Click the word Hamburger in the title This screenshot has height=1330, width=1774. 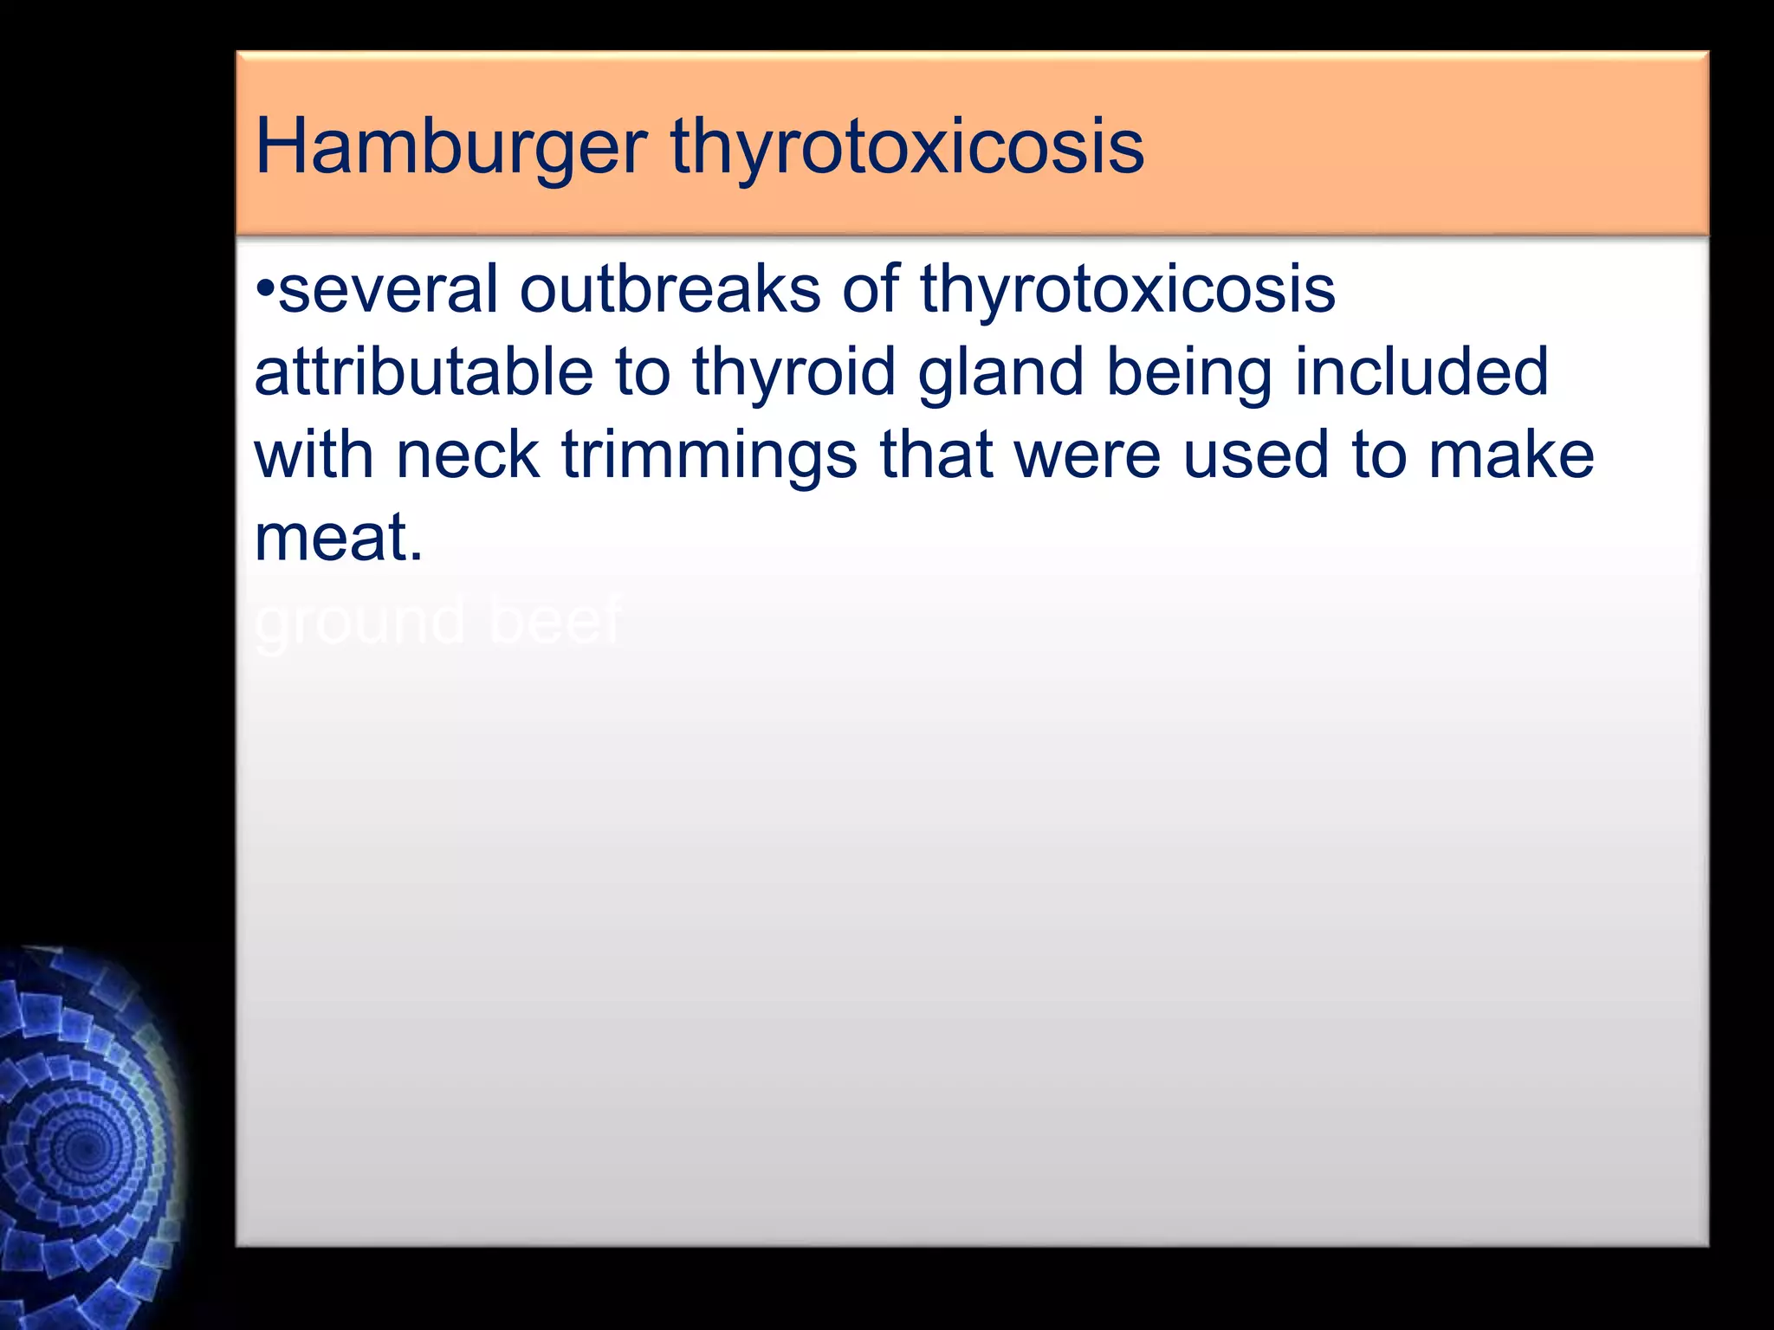(450, 147)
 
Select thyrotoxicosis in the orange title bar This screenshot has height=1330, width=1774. (907, 147)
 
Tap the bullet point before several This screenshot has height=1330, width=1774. (265, 289)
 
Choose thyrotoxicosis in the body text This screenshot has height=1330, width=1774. (1127, 289)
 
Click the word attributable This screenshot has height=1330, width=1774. (424, 372)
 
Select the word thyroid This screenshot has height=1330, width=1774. (793, 372)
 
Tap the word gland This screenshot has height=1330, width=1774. (1000, 372)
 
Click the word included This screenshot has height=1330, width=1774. (1421, 372)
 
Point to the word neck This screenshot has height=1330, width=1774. (468, 455)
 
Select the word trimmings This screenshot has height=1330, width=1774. (709, 455)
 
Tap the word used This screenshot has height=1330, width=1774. (1256, 455)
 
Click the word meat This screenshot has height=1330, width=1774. (339, 539)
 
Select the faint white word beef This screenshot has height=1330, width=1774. (555, 620)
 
